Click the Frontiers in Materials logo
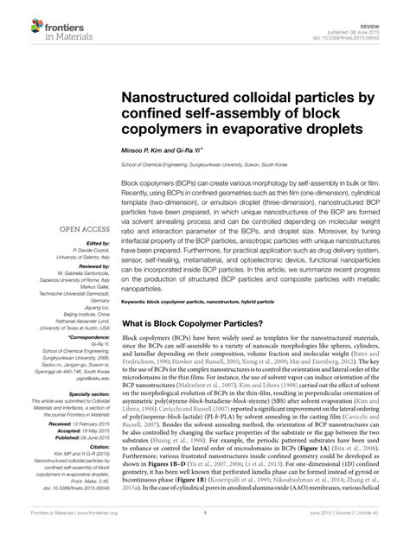tap(40, 18)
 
